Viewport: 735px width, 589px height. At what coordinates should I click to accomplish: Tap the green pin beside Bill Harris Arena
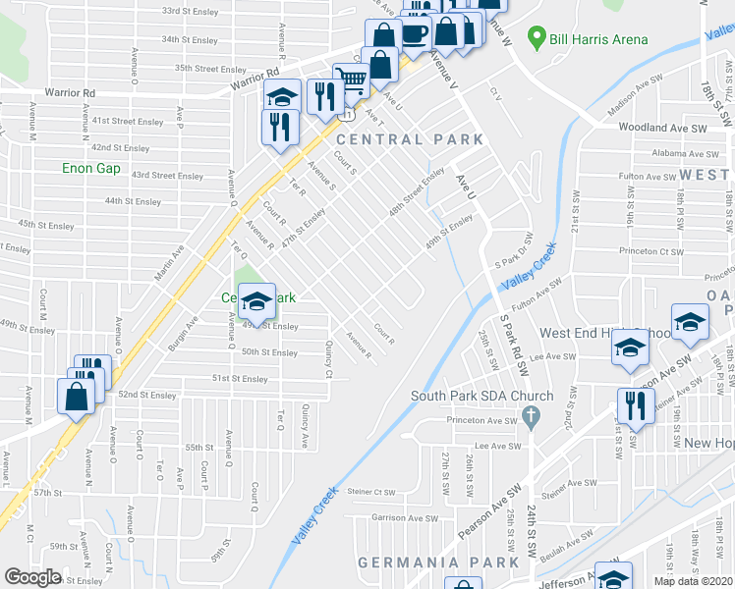coord(536,39)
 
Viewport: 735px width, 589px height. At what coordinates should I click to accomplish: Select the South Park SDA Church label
coord(482,397)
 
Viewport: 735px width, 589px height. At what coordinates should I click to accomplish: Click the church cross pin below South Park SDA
coord(532,419)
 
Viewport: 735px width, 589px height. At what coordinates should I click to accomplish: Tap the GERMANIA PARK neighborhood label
coord(438,562)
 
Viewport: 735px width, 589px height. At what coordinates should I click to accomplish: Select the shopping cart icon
coord(353,80)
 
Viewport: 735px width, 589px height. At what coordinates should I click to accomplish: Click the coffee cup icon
coord(415,32)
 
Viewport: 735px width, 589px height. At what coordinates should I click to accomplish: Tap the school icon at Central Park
coord(257,299)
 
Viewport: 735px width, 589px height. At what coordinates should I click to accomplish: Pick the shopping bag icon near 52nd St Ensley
coord(77,397)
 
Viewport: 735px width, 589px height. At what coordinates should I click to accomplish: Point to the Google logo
coord(33,577)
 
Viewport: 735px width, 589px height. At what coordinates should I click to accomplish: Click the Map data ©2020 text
coord(694,581)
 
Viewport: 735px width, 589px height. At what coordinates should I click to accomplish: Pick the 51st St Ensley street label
coord(241,378)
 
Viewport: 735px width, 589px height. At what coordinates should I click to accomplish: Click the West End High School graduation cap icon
coord(630,347)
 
